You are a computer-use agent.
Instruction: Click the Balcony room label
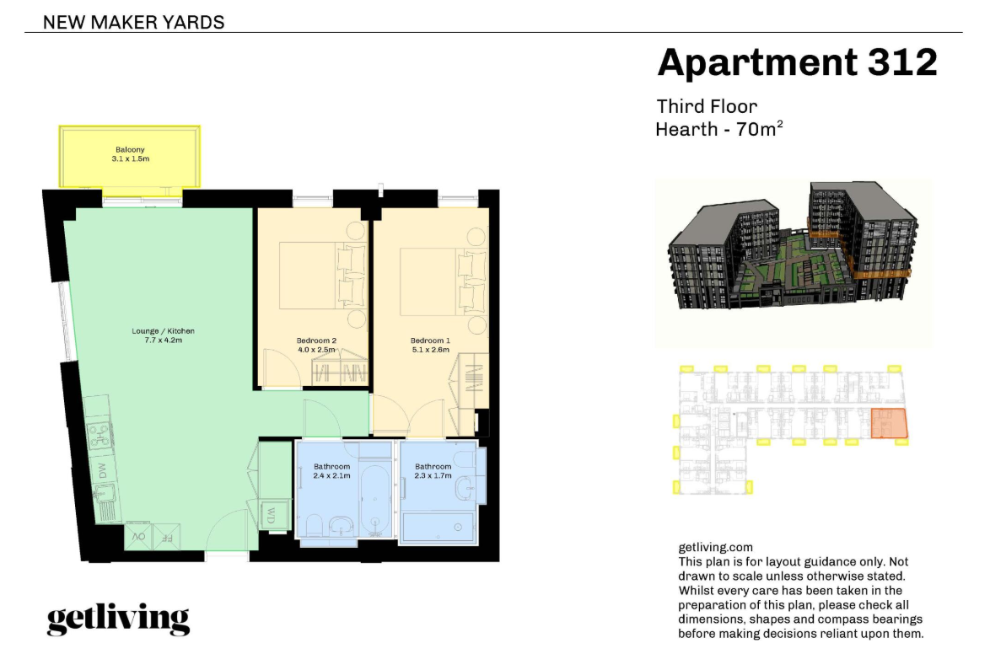coord(130,149)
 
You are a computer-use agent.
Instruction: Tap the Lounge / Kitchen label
coord(163,330)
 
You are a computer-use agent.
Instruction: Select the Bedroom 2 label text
coord(316,340)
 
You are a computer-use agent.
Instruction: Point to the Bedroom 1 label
coord(430,340)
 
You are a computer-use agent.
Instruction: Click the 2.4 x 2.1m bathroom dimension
coord(331,475)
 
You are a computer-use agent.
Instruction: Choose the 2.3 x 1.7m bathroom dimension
coord(433,475)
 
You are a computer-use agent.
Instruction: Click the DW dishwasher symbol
coord(103,470)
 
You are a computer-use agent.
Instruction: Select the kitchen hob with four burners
coord(100,435)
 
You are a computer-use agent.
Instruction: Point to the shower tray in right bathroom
coord(439,527)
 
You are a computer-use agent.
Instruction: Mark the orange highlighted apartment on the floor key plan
coord(889,423)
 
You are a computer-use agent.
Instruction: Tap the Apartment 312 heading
coord(798,62)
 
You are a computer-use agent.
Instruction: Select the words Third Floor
coord(707,106)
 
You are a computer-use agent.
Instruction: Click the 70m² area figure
coord(760,129)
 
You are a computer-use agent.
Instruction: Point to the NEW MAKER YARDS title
coord(134,23)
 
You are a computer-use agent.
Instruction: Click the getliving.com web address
coord(715,547)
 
